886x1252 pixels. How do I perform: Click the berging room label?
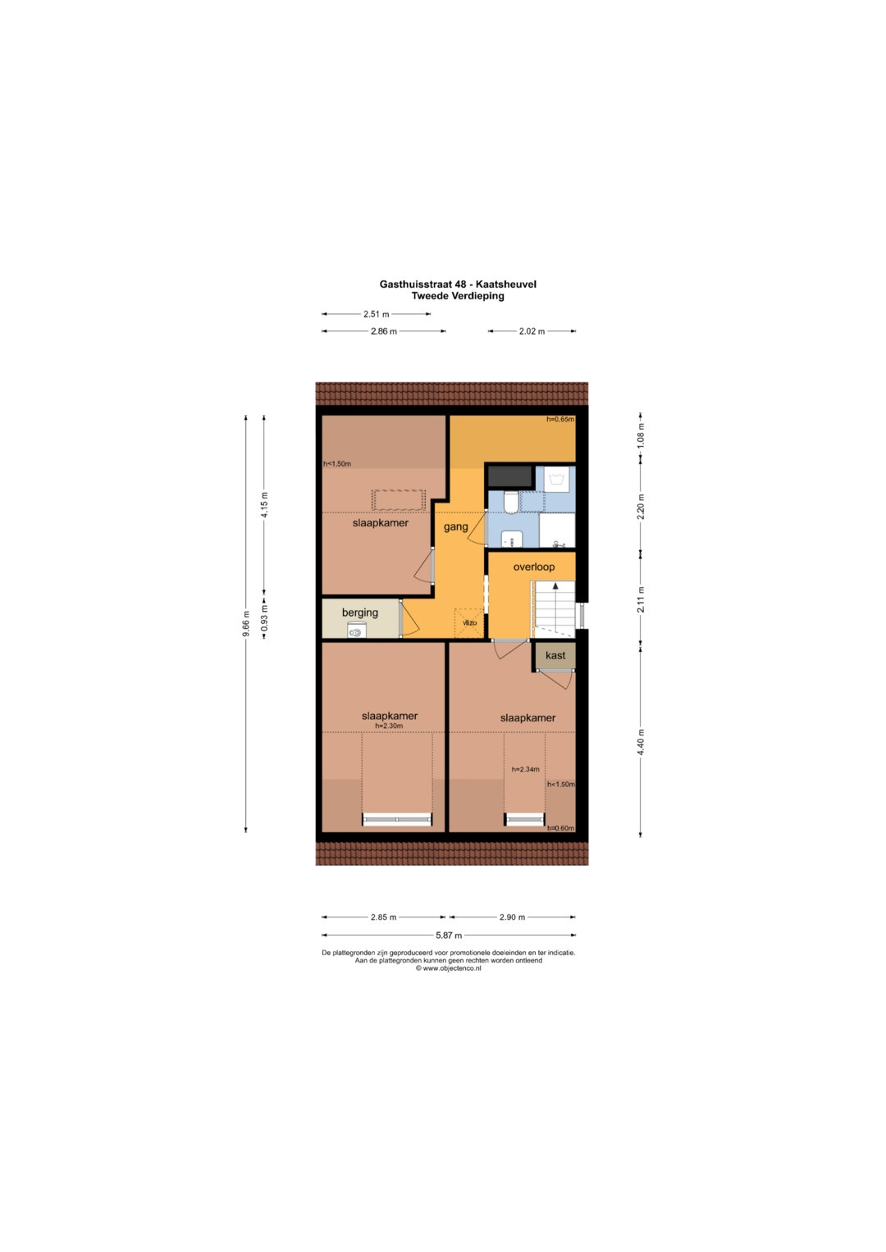point(359,612)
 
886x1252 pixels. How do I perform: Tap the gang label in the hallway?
point(455,527)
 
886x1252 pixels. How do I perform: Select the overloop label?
point(533,567)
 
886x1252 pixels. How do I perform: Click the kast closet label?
point(555,655)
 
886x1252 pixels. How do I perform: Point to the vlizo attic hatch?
point(469,622)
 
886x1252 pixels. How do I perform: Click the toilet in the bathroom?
point(511,502)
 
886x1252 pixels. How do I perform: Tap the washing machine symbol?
point(557,480)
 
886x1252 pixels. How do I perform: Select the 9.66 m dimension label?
point(245,624)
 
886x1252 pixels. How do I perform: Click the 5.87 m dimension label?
point(449,935)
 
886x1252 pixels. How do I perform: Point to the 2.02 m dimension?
point(532,331)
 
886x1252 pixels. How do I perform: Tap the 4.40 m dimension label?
point(641,742)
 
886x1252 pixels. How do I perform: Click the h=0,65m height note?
point(559,419)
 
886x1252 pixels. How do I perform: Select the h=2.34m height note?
point(525,769)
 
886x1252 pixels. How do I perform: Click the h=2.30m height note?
point(389,726)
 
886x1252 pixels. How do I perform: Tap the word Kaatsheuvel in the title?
point(505,284)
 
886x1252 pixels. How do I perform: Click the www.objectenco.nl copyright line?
point(448,968)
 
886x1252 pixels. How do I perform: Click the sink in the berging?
point(355,632)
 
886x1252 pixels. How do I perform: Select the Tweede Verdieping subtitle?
point(458,296)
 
